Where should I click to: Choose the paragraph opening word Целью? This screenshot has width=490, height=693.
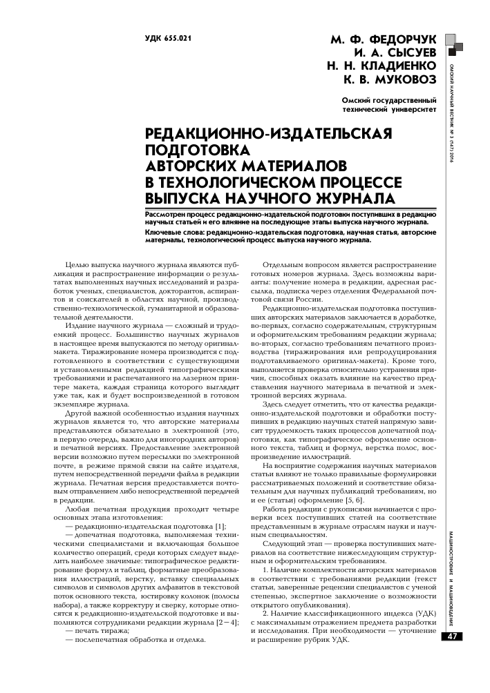tap(77, 266)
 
